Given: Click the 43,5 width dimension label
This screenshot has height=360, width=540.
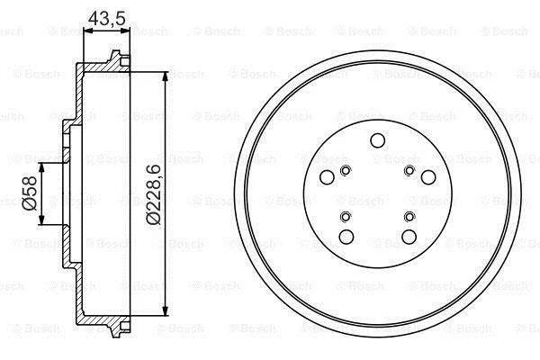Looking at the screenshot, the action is click(x=107, y=18).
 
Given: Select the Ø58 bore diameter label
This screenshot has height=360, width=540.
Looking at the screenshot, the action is click(x=30, y=193).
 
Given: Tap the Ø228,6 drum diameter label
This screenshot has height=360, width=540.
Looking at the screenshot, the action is click(x=153, y=194).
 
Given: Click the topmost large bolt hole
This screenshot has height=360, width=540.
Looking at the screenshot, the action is click(x=377, y=140).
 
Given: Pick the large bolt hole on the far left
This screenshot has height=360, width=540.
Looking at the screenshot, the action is click(x=327, y=177).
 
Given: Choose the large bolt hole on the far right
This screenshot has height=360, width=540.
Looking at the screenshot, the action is click(x=428, y=177).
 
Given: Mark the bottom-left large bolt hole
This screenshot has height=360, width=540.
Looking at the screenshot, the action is click(x=346, y=237).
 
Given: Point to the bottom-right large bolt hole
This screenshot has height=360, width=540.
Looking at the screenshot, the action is click(x=409, y=237).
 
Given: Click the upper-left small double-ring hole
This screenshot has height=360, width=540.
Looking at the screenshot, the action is click(x=346, y=170).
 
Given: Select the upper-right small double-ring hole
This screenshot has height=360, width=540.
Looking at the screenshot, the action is click(x=409, y=170).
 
